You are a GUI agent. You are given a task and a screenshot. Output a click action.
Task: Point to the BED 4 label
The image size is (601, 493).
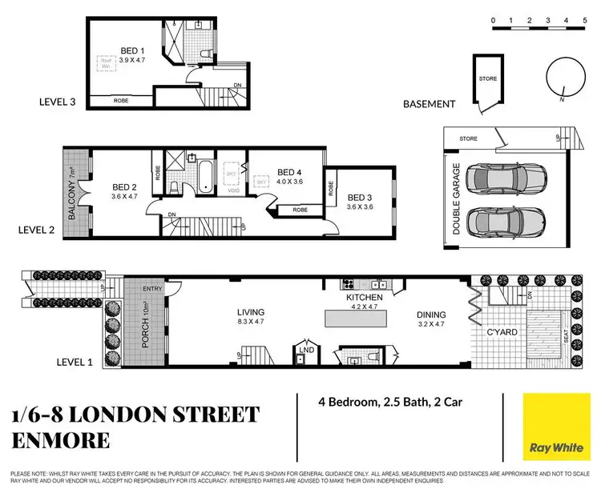(x=289, y=171)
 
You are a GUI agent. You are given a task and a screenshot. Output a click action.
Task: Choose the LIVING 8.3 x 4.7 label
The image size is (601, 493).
(x=250, y=313)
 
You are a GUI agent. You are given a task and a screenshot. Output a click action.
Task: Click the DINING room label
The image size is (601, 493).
(x=431, y=315)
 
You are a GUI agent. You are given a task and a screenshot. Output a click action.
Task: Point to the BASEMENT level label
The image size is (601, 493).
(x=430, y=104)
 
